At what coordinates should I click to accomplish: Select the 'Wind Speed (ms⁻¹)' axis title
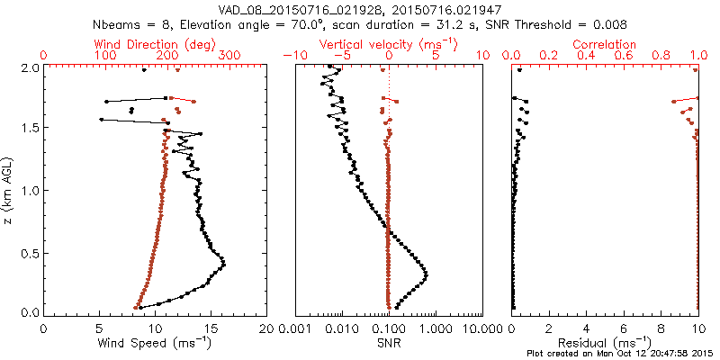coord(156,343)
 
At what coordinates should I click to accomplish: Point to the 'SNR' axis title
coord(389,343)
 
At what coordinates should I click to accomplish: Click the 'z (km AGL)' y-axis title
coord(8,190)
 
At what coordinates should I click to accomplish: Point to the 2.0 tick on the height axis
coord(29,67)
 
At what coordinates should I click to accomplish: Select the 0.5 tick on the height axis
coord(29,252)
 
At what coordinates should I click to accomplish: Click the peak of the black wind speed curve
coord(223,264)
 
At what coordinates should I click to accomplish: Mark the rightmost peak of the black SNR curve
coord(426,274)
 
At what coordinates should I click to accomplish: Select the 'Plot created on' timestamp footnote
coord(622,354)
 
